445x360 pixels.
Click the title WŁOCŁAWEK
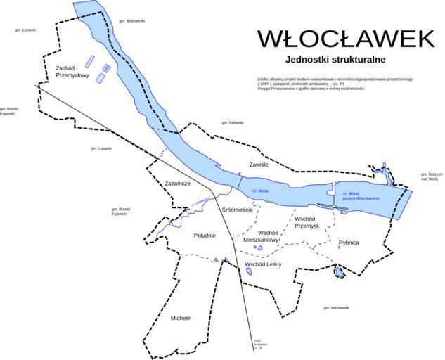coord(345,39)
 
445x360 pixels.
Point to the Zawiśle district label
coord(259,165)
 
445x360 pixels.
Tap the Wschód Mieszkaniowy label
coord(262,236)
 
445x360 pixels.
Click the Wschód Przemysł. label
coord(307,222)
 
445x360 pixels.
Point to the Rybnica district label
coord(348,243)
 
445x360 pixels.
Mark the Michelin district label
coord(181,319)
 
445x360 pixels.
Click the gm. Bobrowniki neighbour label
coord(132,21)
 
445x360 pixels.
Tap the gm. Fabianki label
coord(231,122)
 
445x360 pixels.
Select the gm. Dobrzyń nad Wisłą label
coord(430,176)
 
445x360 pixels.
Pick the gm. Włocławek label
coord(336,308)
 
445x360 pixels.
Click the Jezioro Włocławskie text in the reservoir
coord(361,198)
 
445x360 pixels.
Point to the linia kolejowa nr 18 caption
coord(259,345)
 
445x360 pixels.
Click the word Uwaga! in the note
coord(265,89)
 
